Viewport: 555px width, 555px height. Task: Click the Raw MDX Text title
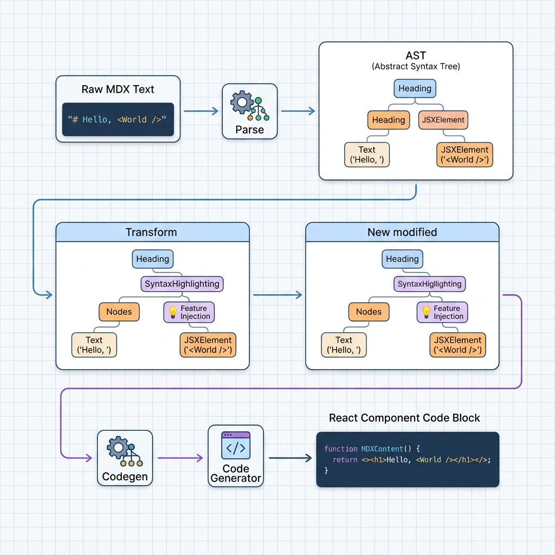point(118,89)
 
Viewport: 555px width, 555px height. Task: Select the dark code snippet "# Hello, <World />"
point(118,119)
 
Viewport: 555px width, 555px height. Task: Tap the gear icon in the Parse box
point(241,101)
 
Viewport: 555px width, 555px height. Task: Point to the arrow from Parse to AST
point(298,111)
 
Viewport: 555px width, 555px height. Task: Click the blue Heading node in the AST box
point(415,88)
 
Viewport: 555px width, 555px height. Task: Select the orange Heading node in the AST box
point(388,120)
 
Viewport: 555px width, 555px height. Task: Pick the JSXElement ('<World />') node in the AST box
point(464,154)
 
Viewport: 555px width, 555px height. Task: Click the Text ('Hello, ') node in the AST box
point(366,154)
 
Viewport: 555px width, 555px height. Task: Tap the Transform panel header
point(152,232)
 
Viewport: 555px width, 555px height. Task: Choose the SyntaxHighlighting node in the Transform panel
point(182,283)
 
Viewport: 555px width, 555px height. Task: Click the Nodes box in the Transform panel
point(119,312)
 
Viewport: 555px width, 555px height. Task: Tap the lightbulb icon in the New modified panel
point(426,312)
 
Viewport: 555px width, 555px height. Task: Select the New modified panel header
point(402,232)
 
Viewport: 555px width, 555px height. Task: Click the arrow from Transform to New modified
point(277,295)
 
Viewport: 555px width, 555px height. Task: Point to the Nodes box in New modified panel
point(369,312)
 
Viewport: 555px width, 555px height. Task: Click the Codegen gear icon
point(118,448)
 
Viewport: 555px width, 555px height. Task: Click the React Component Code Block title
point(404,418)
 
